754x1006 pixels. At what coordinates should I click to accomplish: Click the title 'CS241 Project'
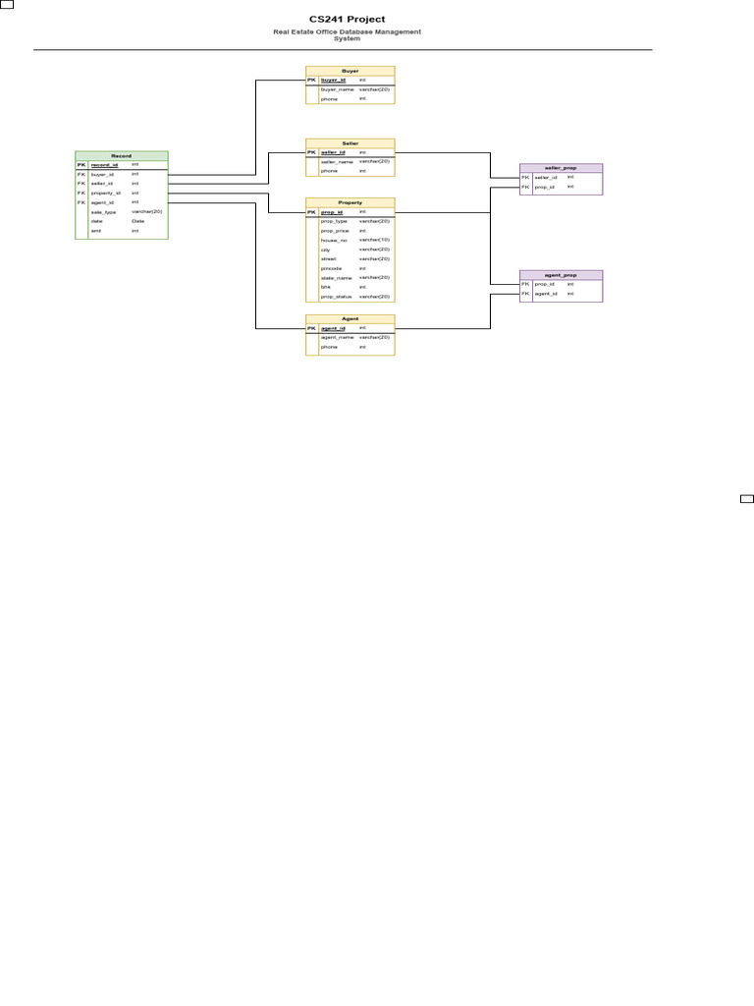coord(347,19)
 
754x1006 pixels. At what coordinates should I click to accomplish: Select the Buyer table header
coord(350,71)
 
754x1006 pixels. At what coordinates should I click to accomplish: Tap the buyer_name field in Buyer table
coord(337,89)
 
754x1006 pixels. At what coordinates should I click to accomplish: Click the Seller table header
coord(350,143)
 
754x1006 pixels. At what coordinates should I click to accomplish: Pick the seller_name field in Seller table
coord(337,162)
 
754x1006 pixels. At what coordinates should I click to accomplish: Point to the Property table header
coord(350,202)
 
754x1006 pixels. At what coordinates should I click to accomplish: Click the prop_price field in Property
coord(335,231)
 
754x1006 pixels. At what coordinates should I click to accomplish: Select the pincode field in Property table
coord(332,268)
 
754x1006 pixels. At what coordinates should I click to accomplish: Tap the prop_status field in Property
coord(337,297)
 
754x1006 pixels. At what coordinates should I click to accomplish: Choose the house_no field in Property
coord(334,240)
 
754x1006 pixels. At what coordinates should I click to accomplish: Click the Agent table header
coord(350,319)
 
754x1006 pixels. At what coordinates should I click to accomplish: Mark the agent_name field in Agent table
coord(337,337)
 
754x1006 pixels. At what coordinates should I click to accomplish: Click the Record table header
coord(122,156)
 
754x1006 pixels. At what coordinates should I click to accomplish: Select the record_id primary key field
coord(104,165)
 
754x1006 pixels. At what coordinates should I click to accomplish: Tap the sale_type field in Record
coord(104,212)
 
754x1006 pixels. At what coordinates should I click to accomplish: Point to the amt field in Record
coord(96,231)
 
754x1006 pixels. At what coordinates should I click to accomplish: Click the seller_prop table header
coord(561,168)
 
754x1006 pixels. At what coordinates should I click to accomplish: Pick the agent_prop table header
coord(561,275)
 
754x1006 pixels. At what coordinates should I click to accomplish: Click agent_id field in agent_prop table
coord(546,294)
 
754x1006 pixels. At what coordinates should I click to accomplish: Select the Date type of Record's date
coord(138,221)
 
